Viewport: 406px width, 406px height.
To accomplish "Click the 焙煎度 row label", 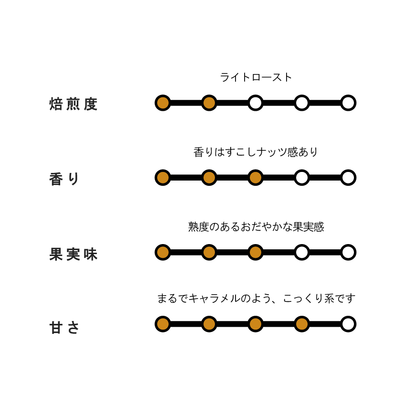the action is coord(73,104).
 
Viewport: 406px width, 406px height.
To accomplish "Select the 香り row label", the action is coord(64,179).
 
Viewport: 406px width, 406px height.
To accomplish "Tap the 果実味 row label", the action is coord(73,254).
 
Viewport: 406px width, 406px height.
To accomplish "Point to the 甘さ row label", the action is coord(64,328).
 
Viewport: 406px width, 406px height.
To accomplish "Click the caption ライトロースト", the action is coord(256,77).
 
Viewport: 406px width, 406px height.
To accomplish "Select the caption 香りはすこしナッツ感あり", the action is coord(256,152).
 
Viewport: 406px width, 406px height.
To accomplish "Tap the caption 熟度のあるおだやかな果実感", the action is coord(256,227).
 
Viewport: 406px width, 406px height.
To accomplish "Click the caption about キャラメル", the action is coord(256,298).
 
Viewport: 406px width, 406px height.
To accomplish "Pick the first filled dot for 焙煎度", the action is coord(163,103).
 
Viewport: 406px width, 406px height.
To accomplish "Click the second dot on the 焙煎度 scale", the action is coord(209,103).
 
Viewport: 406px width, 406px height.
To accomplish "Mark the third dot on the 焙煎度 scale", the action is coord(256,103).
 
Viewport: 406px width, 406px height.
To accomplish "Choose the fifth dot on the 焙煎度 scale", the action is coord(348,103).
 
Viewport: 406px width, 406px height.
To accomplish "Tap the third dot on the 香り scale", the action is coord(256,178).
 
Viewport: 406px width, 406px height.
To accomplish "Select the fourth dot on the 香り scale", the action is coord(302,178).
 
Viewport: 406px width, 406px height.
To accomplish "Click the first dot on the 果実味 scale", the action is coord(163,253).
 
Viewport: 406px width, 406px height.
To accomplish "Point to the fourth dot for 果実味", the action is coord(302,253).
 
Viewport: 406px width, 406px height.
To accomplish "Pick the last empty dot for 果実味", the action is coord(348,253).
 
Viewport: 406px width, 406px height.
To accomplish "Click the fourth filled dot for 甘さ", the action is coord(302,324).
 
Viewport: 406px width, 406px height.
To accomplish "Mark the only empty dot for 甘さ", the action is coord(348,324).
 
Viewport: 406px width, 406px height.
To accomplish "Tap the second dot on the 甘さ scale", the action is coord(209,324).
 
